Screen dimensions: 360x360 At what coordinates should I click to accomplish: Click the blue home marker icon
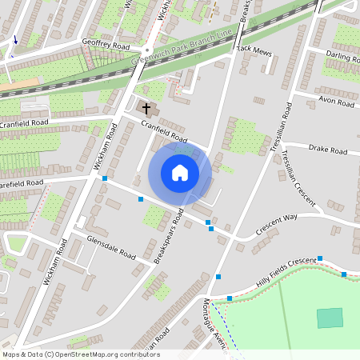point(180,173)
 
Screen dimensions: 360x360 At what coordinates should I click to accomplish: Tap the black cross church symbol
point(146,106)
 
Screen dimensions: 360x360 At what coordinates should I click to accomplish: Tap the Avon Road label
point(336,102)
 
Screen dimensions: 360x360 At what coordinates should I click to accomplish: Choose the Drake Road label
point(328,150)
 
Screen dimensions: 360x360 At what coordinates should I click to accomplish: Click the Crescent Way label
point(276,225)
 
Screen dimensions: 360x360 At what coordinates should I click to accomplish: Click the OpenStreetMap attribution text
point(81,354)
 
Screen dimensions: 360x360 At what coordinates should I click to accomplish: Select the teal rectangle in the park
point(329,318)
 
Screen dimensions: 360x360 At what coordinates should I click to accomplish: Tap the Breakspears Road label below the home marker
point(170,237)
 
